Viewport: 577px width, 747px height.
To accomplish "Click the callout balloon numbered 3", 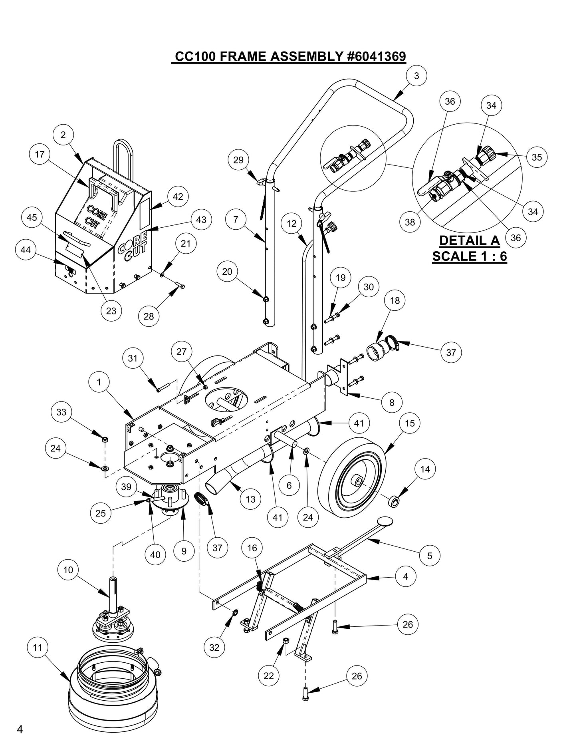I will (416, 76).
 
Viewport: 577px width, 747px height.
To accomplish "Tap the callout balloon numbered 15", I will (410, 423).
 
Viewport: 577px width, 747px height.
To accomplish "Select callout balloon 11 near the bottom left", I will (38, 647).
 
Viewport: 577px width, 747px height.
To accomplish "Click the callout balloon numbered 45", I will (32, 217).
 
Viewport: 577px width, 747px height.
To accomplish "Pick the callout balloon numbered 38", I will (410, 222).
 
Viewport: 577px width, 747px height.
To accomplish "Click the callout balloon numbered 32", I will (214, 647).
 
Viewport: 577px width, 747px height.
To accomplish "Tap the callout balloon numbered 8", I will (392, 402).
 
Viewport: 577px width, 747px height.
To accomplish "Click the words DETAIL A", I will (469, 240).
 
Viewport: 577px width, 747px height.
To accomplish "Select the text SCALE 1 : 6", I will (469, 256).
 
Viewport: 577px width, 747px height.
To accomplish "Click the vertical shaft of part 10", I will (113, 592).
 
